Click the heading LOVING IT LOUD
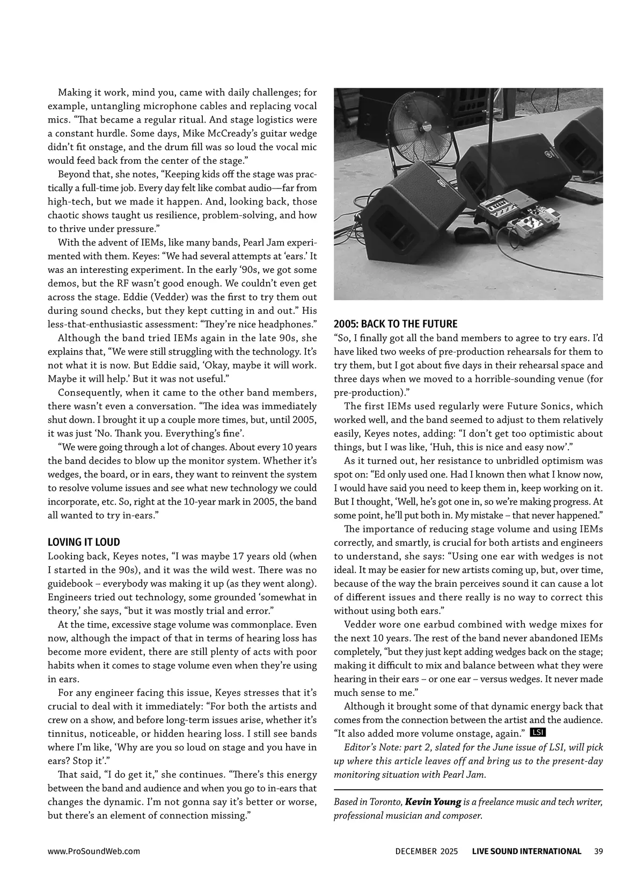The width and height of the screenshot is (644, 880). tap(84, 542)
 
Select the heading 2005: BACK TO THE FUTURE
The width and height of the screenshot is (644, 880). tap(396, 324)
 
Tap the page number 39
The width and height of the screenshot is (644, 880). tap(599, 851)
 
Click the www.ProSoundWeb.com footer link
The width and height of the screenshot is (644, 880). tap(94, 851)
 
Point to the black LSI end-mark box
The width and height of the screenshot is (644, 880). tap(537, 733)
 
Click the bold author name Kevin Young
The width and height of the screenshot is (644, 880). tap(433, 802)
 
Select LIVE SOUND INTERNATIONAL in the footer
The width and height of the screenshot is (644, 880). tap(526, 851)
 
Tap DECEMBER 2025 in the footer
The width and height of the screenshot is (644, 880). tap(427, 851)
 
